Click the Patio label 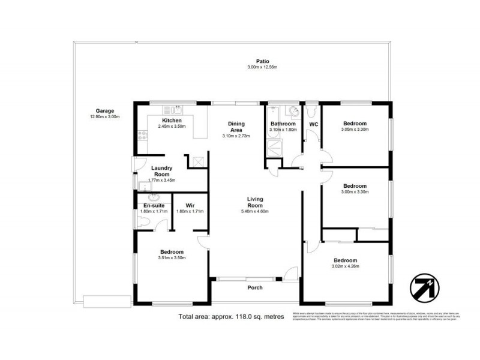click(262, 61)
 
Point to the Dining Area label click(236, 127)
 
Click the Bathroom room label click(283, 124)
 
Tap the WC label click(313, 124)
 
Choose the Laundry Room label click(162, 171)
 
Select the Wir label click(190, 206)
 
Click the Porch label click(256, 287)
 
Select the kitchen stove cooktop click(142, 135)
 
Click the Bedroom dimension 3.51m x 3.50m click(172, 258)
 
